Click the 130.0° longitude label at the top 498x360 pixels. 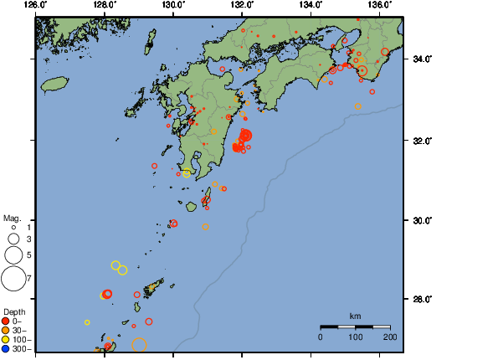172,5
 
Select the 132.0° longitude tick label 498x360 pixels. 242,5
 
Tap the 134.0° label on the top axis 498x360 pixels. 311,5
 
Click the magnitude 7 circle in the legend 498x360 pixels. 13,277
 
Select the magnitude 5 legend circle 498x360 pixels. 13,254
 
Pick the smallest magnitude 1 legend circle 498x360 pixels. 13,227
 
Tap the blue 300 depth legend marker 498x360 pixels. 6,348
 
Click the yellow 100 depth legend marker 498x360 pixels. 6,339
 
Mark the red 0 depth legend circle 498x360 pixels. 6,321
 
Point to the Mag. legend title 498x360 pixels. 11,218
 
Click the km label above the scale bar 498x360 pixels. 355,316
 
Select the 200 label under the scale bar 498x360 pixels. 389,337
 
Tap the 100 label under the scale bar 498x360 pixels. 355,337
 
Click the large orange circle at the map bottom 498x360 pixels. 140,344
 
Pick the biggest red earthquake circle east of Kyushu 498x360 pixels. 246,135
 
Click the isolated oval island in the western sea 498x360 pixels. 54,84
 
